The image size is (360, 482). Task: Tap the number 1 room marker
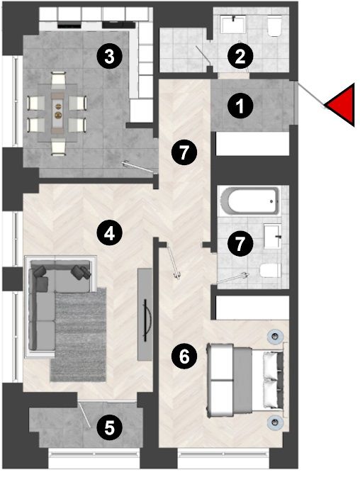[x=240, y=106]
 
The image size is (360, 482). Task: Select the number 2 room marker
[x=240, y=57]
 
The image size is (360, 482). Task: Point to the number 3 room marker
[x=109, y=57]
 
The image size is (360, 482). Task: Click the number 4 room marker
[x=109, y=233]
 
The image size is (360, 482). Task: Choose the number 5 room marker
[x=109, y=427]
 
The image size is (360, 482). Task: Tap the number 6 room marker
[x=184, y=357]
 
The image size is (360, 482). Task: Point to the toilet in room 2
[x=274, y=26]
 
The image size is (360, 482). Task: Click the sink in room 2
[x=234, y=23]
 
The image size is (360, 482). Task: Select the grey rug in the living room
[x=78, y=335]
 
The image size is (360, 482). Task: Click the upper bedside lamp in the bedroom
[x=274, y=335]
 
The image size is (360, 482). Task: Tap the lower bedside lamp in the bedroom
[x=274, y=421]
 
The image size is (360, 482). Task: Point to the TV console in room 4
[x=145, y=314]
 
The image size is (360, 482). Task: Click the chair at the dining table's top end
[x=58, y=79]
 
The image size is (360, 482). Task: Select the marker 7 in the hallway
[x=184, y=152]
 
